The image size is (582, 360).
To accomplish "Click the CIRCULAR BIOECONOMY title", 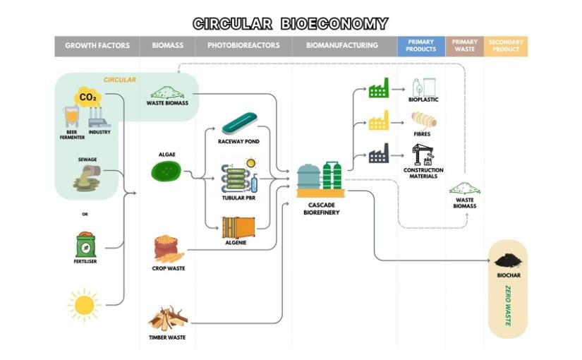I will [291, 23].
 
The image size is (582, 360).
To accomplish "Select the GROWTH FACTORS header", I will [97, 46].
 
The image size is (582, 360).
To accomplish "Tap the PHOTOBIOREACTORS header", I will [243, 46].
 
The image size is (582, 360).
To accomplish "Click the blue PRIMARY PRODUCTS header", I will [420, 46].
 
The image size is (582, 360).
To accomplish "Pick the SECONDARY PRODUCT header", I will [506, 46].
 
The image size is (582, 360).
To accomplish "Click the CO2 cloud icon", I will [88, 97].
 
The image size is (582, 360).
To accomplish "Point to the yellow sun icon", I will [84, 305].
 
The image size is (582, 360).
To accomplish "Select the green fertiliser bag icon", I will [85, 244].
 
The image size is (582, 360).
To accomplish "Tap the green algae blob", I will [166, 170].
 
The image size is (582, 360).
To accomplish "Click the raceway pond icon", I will [242, 124].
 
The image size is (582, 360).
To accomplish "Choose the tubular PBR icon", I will [239, 177].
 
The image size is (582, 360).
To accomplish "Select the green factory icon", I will [379, 89].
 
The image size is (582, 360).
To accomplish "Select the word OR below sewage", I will [85, 214].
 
